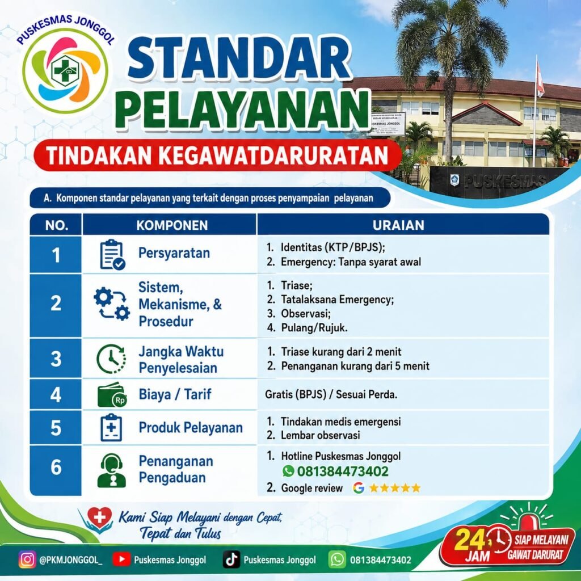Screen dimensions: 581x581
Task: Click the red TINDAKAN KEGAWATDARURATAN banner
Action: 217,155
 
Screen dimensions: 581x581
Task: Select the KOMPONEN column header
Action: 172,225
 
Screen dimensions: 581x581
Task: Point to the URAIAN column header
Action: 398,225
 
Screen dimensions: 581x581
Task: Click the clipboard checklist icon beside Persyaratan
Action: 112,255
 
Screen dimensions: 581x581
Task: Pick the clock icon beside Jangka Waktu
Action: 111,359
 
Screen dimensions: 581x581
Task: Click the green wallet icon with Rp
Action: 112,395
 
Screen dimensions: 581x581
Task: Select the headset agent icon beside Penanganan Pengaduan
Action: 112,470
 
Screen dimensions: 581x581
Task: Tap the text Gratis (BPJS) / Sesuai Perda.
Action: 331,395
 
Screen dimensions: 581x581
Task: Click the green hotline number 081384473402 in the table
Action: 343,471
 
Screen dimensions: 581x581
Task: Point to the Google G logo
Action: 359,488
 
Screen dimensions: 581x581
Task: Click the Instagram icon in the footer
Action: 27,559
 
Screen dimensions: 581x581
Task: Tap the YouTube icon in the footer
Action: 121,559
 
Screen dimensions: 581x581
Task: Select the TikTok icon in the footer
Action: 231,559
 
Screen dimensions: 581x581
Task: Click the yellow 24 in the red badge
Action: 469,540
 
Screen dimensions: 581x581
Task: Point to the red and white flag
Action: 540,79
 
